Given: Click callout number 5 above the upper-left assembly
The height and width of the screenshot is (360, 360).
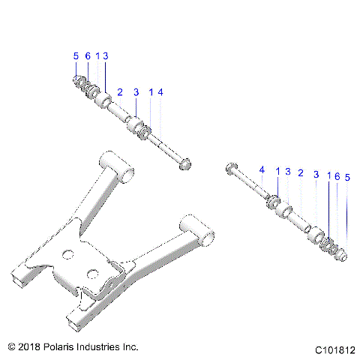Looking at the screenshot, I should (76, 56).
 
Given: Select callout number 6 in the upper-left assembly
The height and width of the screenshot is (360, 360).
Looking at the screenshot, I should (87, 56).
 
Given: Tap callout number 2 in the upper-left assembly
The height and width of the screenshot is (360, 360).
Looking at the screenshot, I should (120, 91).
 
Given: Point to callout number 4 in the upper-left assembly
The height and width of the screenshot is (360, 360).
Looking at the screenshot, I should (160, 91).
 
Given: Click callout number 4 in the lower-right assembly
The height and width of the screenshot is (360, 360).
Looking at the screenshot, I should (262, 172).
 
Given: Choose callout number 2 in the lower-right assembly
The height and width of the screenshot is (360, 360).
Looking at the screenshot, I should (300, 172).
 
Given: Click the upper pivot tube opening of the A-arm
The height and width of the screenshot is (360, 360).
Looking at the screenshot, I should (130, 172).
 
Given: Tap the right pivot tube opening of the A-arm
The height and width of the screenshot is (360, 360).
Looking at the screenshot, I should (205, 238).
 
